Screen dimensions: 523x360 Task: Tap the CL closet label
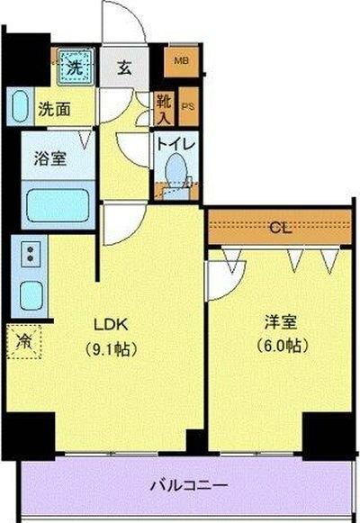click(280, 228)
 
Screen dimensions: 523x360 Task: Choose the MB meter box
click(182, 61)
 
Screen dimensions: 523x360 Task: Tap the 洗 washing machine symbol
click(71, 64)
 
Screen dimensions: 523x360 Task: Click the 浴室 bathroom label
click(49, 157)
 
